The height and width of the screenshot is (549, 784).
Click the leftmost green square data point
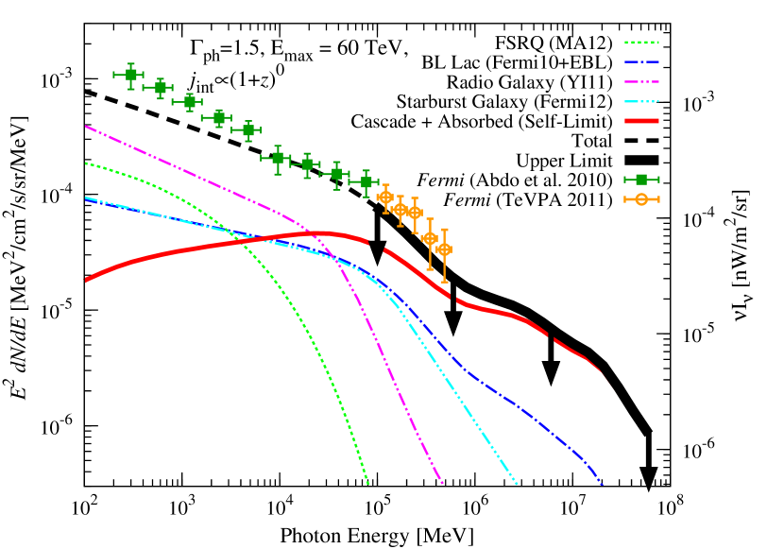point(129,75)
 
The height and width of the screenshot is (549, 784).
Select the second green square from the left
point(159,87)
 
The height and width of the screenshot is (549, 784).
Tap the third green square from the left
point(188,101)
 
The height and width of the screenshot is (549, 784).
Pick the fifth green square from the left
point(247,129)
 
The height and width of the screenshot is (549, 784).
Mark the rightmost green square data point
point(366,181)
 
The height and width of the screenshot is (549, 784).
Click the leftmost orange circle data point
point(384,197)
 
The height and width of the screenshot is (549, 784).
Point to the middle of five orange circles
point(414,213)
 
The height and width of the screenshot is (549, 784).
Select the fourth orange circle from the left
point(429,238)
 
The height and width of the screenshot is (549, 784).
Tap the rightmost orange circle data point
point(444,249)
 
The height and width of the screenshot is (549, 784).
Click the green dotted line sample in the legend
point(641,43)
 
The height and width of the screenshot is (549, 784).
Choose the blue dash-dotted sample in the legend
point(641,62)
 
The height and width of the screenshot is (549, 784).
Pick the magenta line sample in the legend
point(641,82)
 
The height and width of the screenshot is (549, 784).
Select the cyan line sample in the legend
point(641,101)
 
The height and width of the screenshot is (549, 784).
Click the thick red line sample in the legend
point(641,121)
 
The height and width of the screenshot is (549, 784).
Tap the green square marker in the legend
point(641,180)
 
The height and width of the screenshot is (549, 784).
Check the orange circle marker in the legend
point(641,199)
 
